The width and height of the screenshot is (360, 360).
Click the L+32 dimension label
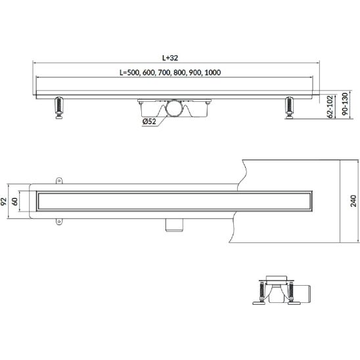170,58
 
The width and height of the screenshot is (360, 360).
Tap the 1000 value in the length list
213,72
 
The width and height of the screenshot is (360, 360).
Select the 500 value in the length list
133,72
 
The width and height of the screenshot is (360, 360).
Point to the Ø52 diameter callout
149,122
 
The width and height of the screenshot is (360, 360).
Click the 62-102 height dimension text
330,107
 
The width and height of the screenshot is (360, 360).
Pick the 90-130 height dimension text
345,104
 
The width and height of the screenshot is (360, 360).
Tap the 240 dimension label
353,201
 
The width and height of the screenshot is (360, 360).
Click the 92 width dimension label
3,202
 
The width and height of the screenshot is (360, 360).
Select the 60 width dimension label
14,202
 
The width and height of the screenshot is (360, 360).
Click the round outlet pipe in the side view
174,108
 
